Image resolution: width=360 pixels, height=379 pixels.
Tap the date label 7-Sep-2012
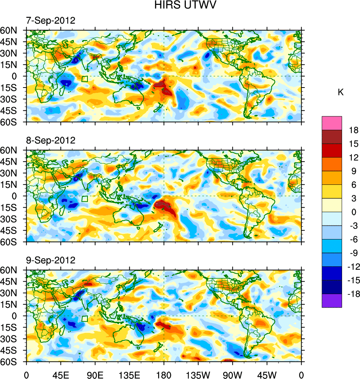point(50,21)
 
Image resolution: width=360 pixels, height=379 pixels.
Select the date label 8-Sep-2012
point(50,140)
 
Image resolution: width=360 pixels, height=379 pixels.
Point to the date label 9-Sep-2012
point(50,260)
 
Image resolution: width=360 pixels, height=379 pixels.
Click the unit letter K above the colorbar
point(341,92)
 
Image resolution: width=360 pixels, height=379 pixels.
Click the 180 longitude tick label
point(164,374)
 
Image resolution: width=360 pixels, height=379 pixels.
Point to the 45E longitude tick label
point(61,374)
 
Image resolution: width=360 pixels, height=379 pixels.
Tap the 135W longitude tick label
point(198,374)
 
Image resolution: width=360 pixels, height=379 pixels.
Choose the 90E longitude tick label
point(95,374)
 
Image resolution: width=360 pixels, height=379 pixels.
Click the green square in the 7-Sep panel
point(84,79)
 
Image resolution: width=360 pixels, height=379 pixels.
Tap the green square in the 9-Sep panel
point(84,318)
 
